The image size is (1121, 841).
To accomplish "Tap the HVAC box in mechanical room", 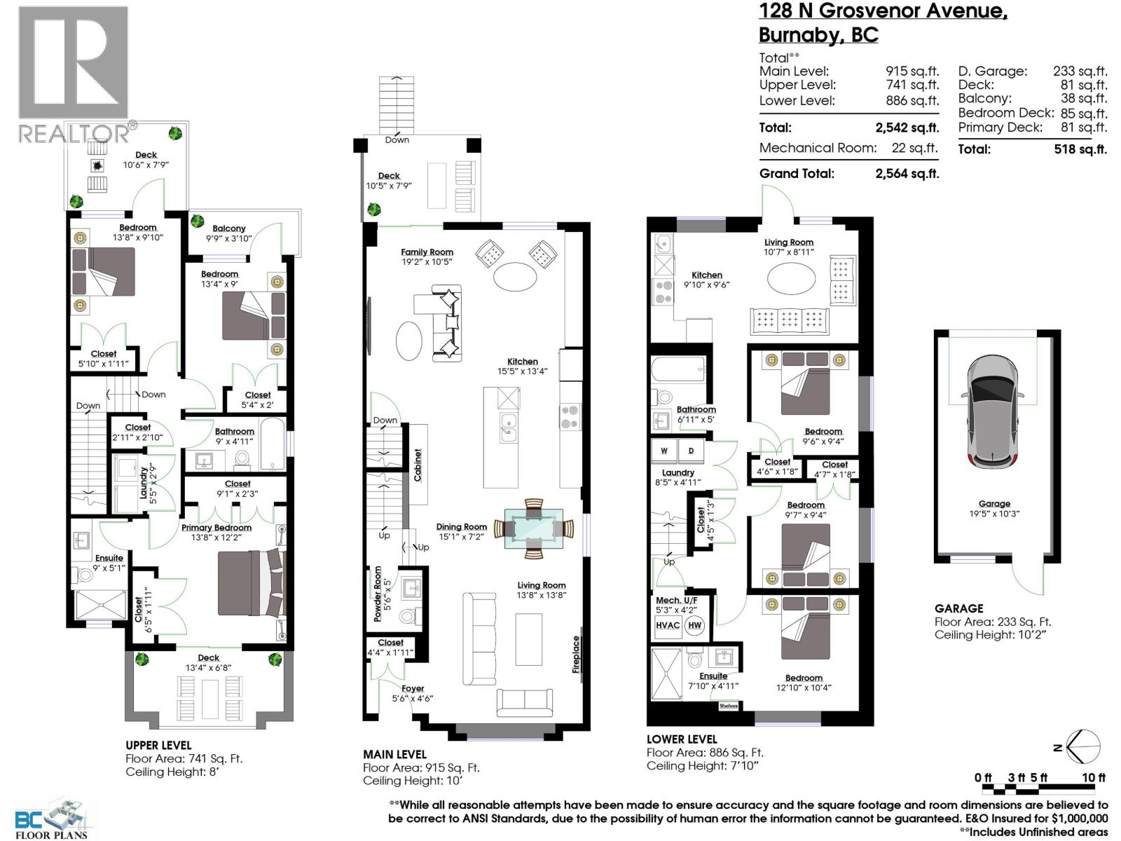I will click(x=667, y=625).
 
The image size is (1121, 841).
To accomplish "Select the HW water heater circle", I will click(x=694, y=625).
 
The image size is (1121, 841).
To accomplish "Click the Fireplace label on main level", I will click(x=576, y=654).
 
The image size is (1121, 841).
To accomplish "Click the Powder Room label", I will click(x=378, y=594).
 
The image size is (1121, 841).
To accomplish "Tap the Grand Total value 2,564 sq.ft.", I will click(x=907, y=174).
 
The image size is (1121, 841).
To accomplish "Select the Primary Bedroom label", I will click(x=216, y=528).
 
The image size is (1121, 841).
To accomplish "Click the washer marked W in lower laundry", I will click(x=663, y=451).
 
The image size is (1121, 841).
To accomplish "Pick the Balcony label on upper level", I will click(x=229, y=228).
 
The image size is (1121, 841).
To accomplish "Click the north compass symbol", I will click(x=1084, y=746).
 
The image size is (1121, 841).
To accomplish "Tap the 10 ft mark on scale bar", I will click(x=1093, y=778).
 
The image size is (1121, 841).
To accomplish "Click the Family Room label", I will click(x=427, y=252).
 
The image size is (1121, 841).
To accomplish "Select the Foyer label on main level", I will click(x=413, y=688).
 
